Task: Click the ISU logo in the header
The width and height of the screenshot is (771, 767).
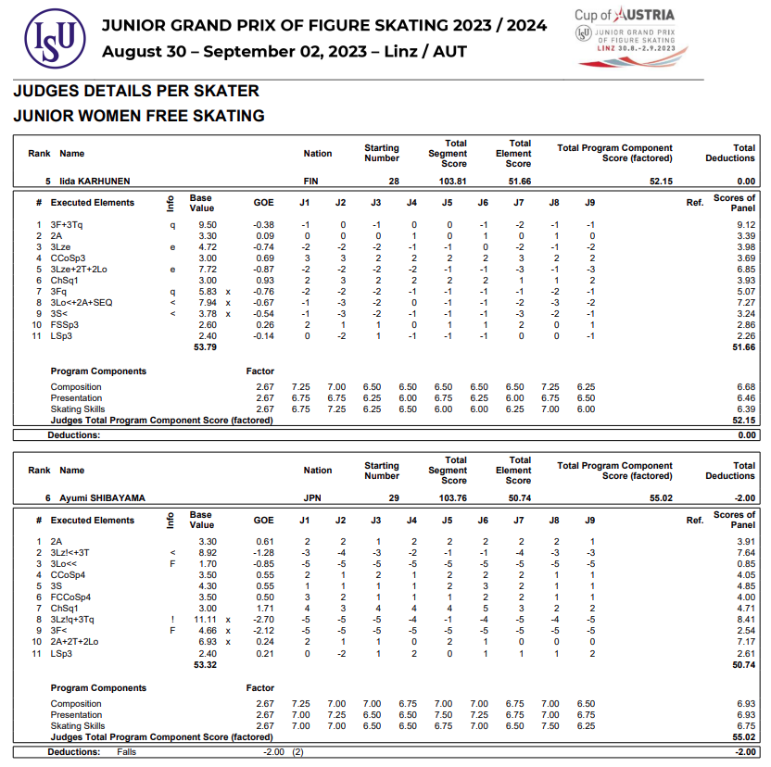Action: click(55, 38)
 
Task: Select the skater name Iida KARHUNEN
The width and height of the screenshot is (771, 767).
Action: click(95, 181)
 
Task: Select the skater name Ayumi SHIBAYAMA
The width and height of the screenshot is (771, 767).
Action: click(102, 497)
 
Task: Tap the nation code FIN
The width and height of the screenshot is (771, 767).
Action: click(311, 181)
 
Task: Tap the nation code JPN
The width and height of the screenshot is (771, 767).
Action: click(312, 497)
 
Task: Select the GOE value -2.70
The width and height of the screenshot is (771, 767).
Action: click(263, 619)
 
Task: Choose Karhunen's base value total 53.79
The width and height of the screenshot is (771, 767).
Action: click(204, 347)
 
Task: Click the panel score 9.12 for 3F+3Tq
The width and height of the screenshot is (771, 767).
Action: click(745, 224)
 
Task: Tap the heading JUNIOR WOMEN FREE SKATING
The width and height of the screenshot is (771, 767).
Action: click(139, 116)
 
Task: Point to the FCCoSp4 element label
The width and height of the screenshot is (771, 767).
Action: click(73, 597)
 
